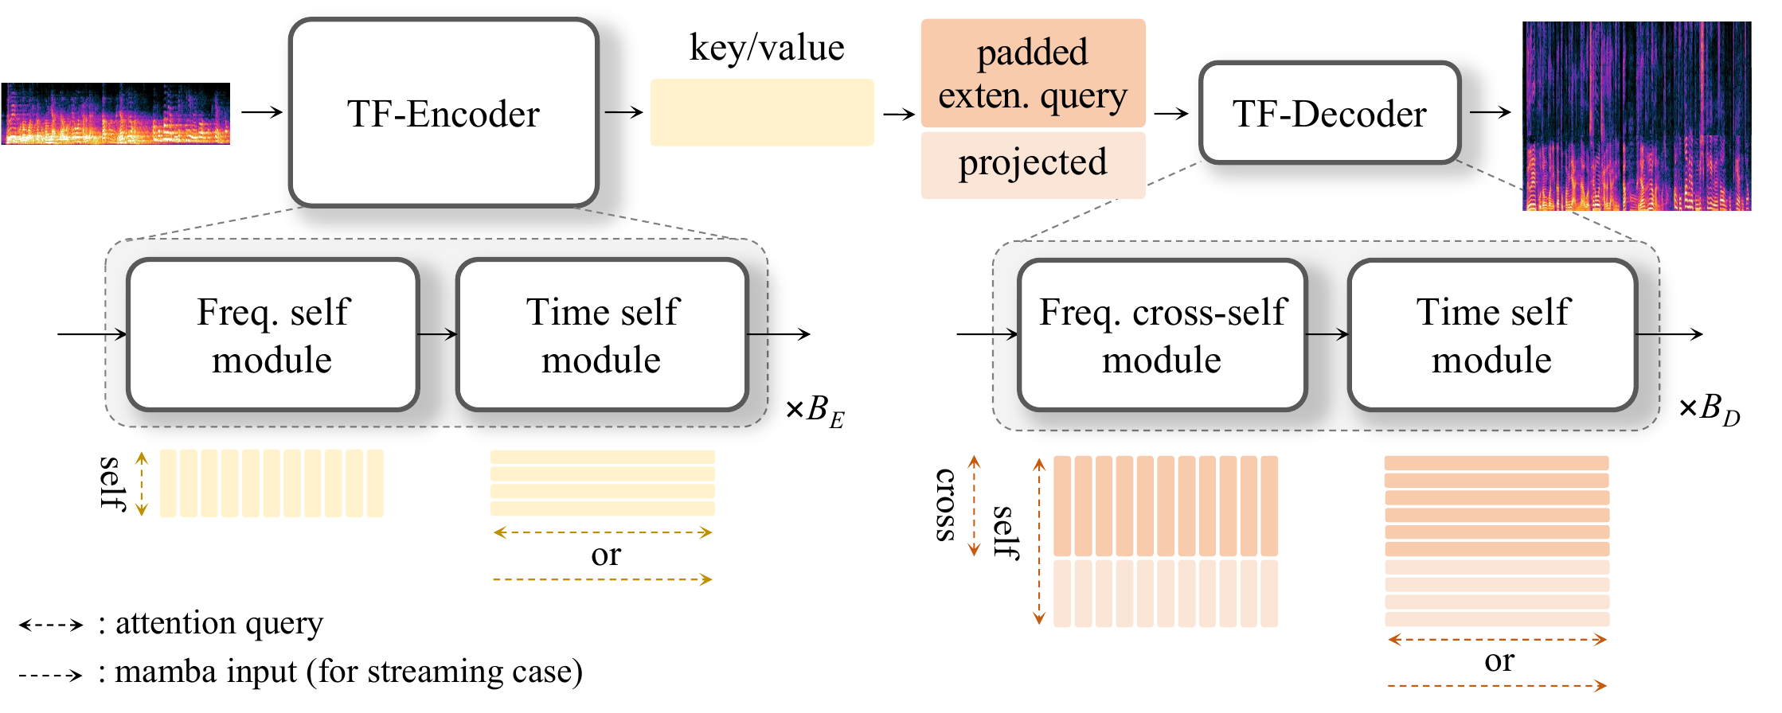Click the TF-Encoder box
coord(444,113)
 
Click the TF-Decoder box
coord(1330,113)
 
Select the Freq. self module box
coord(273,335)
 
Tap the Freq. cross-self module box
coord(1163,335)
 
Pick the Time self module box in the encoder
coord(602,335)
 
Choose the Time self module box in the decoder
coord(1492,335)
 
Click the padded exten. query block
coord(1033,73)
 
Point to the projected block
coord(1033,164)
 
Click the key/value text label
coord(766,48)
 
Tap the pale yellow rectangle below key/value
coord(762,112)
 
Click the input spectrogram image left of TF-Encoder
coord(116,113)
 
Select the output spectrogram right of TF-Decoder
coord(1636,116)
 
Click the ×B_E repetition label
coord(815,411)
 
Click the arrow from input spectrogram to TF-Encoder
coord(262,112)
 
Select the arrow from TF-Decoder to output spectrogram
coord(1490,112)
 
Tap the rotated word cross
coord(945,505)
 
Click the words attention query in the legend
coord(219,623)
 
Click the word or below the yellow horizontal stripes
coord(605,555)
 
